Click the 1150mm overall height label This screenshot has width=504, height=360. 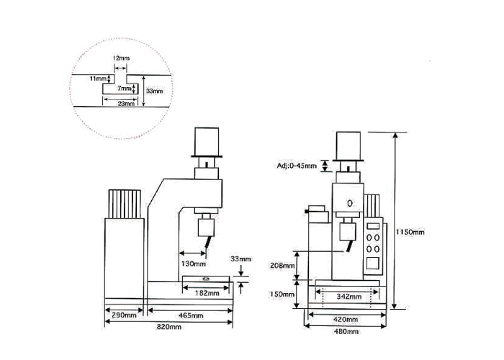[x=410, y=232]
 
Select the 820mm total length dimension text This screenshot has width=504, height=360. [x=169, y=327]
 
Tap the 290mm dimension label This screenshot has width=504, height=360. [x=124, y=315]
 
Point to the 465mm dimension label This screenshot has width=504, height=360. [x=191, y=315]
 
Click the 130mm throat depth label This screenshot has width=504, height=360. [x=194, y=264]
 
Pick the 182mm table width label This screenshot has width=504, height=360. [x=207, y=293]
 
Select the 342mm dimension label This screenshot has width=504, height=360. [x=349, y=297]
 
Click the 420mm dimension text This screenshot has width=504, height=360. [x=346, y=320]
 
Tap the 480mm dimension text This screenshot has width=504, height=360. [x=346, y=331]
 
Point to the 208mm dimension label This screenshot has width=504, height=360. [x=282, y=266]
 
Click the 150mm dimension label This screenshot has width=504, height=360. [x=282, y=294]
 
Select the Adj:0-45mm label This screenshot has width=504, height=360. [x=297, y=166]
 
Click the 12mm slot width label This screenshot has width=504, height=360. [x=121, y=58]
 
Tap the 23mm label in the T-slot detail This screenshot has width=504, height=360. [x=126, y=104]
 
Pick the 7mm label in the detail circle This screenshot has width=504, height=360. [x=125, y=88]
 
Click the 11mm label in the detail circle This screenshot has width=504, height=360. [x=98, y=78]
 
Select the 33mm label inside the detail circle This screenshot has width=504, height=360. [x=155, y=91]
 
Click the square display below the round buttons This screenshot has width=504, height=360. [x=373, y=264]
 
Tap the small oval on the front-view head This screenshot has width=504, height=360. [x=350, y=203]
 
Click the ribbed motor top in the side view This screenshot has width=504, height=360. [x=125, y=204]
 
